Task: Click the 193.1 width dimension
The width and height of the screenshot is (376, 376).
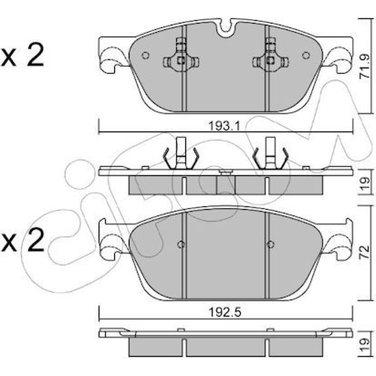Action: pos(224,126)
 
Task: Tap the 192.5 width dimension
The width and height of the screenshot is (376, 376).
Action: pos(225,312)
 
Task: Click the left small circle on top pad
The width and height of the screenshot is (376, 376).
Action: pos(146,55)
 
